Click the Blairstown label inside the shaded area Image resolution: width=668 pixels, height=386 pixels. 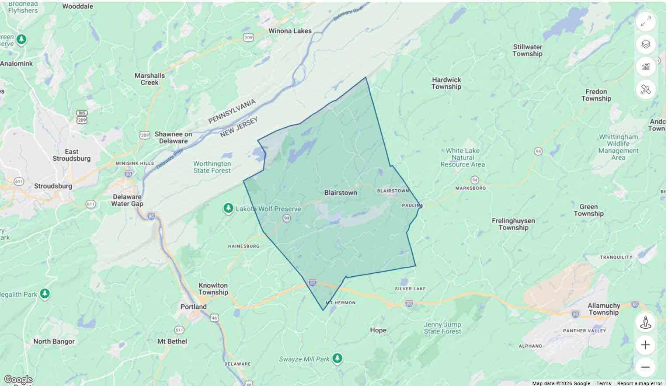341,193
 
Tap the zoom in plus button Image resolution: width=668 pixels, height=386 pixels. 645,345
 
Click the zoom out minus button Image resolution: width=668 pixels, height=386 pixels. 645,367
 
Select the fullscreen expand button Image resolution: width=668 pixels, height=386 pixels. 646,21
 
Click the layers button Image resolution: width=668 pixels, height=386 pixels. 646,44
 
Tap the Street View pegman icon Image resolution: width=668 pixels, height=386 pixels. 645,323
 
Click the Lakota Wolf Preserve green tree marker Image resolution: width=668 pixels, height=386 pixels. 228,209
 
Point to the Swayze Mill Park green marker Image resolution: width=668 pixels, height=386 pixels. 337,359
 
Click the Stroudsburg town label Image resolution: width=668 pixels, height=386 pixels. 53,186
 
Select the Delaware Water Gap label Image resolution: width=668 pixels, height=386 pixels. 127,200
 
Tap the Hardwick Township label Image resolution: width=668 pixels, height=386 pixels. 446,83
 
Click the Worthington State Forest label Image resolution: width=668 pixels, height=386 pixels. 212,167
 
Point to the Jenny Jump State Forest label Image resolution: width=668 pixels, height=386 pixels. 442,328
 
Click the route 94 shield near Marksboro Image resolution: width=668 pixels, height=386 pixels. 474,180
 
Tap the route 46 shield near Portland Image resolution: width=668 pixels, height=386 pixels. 214,318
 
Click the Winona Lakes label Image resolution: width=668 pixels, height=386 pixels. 290,31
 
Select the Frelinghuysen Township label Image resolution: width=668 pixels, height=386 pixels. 513,224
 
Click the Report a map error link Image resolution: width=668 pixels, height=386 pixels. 639,383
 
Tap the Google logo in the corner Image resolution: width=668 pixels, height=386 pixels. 18,379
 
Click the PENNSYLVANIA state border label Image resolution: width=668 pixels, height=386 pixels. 232,111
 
